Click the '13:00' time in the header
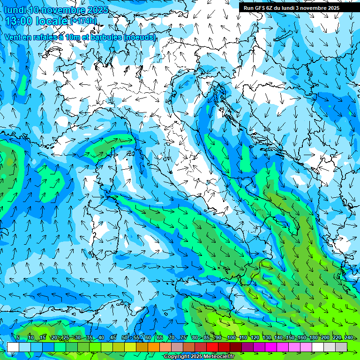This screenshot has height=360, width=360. pyautogui.click(x=21, y=21)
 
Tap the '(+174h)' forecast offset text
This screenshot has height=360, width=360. pyautogui.click(x=83, y=21)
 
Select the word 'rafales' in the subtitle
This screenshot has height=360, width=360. pyautogui.click(x=43, y=37)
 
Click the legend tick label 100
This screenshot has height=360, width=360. pyautogui.click(x=231, y=337)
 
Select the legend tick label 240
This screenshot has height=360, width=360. pyautogui.click(x=349, y=337)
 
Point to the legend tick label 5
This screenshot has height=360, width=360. pyautogui.click(x=18, y=337)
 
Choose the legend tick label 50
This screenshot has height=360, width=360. pyautogui.click(x=125, y=337)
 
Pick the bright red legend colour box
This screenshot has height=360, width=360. pyautogui.click(x=212, y=347)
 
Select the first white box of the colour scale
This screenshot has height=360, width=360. pyautogui.click(x=13, y=347)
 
